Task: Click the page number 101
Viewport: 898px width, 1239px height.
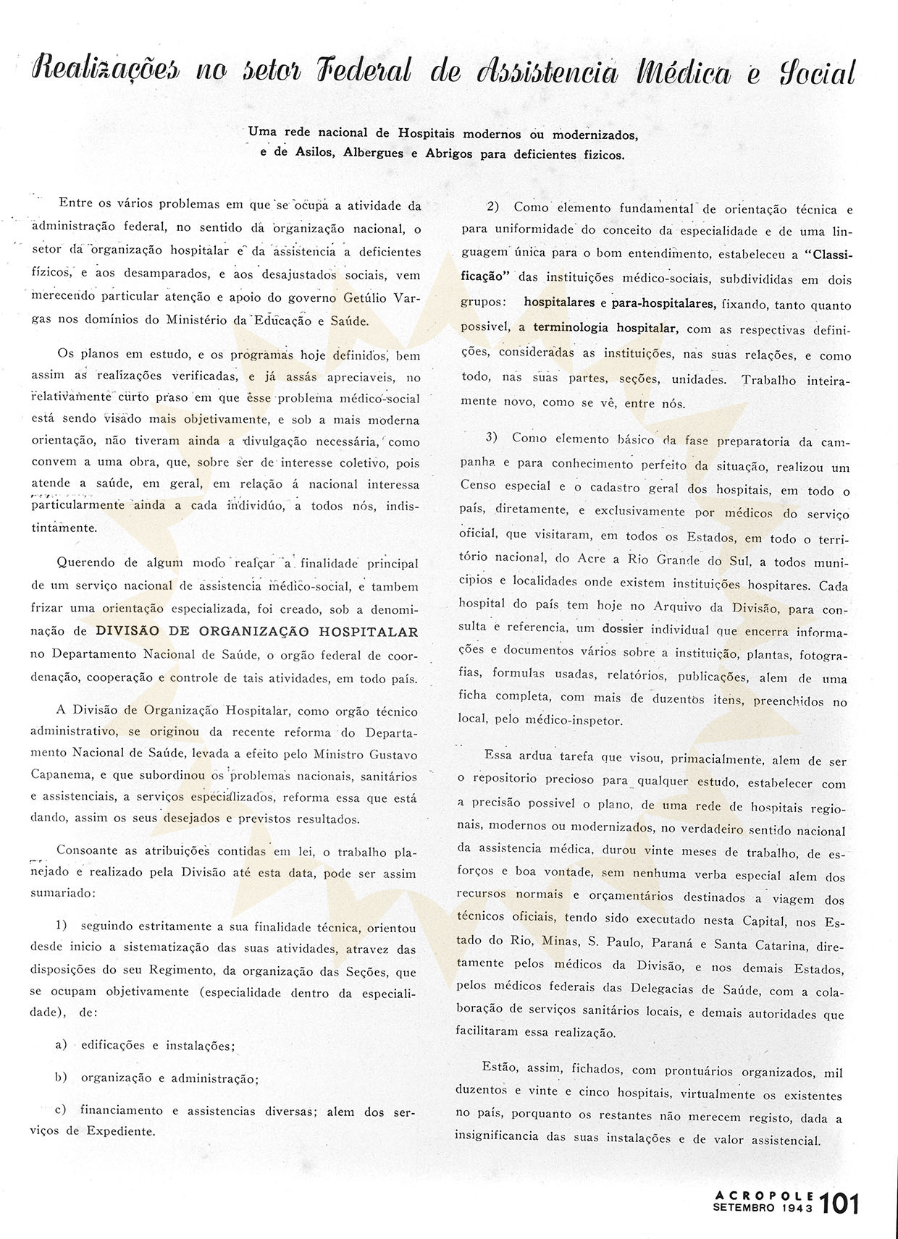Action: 840,1204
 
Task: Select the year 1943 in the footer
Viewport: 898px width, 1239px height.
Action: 797,1208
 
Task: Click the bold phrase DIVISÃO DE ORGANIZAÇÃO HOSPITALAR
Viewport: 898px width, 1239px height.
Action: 257,631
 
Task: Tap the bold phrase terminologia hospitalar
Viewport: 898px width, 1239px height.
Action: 605,328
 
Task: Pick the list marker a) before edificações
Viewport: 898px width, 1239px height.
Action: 62,1044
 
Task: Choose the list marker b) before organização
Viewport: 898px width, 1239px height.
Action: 62,1077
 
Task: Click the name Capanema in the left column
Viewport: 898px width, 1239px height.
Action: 62,774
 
